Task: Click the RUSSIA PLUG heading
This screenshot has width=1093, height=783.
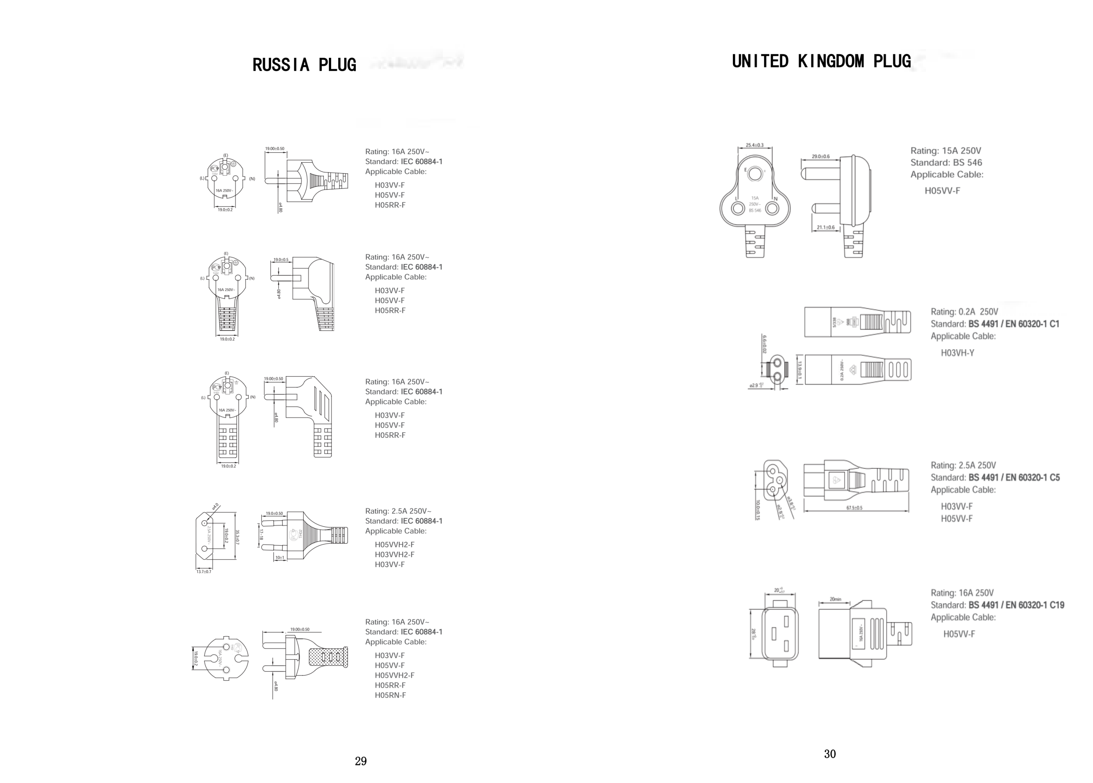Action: (304, 65)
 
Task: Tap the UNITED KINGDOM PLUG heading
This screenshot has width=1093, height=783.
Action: (821, 62)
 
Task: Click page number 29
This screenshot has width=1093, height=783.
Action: (360, 761)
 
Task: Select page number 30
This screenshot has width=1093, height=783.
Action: (829, 754)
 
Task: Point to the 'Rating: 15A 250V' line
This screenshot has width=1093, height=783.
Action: (945, 151)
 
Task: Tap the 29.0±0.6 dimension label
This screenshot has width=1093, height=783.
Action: (820, 156)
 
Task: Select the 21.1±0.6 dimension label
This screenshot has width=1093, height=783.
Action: (825, 227)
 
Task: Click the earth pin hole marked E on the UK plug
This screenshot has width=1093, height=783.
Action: (755, 173)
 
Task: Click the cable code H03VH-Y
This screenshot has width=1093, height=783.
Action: (957, 353)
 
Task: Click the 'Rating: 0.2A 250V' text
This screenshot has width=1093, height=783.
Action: (964, 312)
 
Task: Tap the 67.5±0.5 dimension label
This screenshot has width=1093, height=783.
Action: (854, 508)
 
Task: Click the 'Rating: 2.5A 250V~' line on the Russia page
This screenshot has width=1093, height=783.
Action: (398, 511)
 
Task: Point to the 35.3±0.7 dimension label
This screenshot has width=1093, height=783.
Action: (237, 536)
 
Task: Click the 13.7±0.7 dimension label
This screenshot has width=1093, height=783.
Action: (204, 571)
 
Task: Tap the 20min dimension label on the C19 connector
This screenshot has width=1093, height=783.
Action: (835, 600)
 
